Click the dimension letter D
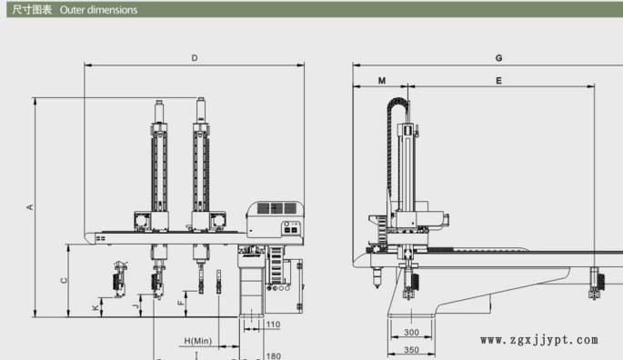pos(194,58)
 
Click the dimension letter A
pos(29,207)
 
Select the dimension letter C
pos(63,280)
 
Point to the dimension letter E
pos(498,81)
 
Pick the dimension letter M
pos(380,81)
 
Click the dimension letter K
pos(95,308)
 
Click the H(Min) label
pos(197,341)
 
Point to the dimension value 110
pos(273,324)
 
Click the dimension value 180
pos(273,355)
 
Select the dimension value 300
pos(410,333)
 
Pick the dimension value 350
pos(410,350)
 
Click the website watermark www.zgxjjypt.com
pos(538,341)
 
